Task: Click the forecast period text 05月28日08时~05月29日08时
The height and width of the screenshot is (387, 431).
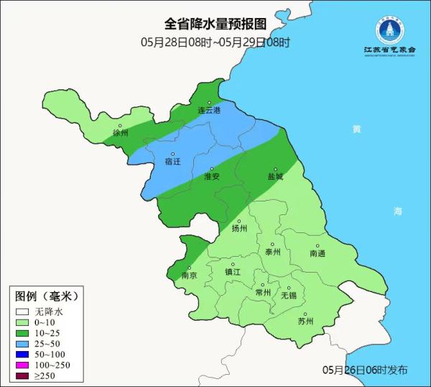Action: pyautogui.click(x=215, y=42)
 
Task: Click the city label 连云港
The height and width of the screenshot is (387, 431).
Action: pyautogui.click(x=210, y=110)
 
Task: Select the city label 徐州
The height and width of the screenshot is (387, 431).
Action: pyautogui.click(x=120, y=133)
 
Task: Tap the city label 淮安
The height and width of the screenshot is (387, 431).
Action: pyautogui.click(x=212, y=176)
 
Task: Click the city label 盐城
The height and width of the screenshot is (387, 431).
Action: pyautogui.click(x=275, y=176)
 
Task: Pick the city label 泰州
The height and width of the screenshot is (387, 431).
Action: pyautogui.click(x=273, y=252)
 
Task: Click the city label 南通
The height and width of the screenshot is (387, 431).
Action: pyautogui.click(x=318, y=253)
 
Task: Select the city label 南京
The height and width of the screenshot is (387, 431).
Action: pyautogui.click(x=189, y=275)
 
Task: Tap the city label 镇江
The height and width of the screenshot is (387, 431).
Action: pyautogui.click(x=233, y=272)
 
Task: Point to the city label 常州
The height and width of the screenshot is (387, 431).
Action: pyautogui.click(x=263, y=292)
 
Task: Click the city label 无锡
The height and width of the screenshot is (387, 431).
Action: pyautogui.click(x=288, y=295)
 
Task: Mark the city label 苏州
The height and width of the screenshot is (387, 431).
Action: pyautogui.click(x=306, y=321)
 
